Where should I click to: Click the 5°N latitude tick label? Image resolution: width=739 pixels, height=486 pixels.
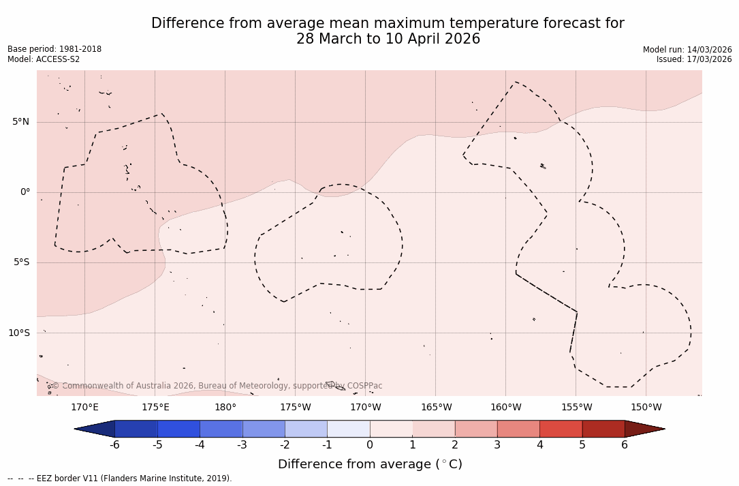point(20,122)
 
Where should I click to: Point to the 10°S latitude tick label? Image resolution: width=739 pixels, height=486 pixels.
point(18,333)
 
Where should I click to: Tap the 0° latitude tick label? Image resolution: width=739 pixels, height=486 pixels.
point(25,192)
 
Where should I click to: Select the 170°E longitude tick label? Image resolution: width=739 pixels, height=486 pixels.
point(84,408)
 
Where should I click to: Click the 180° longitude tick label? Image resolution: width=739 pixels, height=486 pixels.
point(225,408)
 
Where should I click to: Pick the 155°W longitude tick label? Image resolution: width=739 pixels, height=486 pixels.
point(576,408)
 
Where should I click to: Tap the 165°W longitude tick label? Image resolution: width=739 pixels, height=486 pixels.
point(436,408)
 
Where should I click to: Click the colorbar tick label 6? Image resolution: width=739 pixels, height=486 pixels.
point(625,445)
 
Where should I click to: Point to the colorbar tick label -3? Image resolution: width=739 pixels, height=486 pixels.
point(242,445)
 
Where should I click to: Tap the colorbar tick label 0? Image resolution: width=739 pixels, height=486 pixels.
point(370,445)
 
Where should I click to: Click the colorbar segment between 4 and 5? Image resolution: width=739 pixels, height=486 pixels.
point(561,429)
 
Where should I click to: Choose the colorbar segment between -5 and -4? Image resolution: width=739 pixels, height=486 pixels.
point(178,429)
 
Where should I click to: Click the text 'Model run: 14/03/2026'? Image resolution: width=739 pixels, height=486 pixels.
point(687,50)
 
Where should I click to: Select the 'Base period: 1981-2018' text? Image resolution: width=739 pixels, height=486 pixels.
point(54,49)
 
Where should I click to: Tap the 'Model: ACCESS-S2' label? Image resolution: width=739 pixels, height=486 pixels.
point(44,59)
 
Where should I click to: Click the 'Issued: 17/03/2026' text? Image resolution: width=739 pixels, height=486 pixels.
point(694,59)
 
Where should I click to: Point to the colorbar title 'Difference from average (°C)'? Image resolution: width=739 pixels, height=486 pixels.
point(370,464)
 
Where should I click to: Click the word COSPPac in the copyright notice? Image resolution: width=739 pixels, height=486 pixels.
point(364,386)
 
